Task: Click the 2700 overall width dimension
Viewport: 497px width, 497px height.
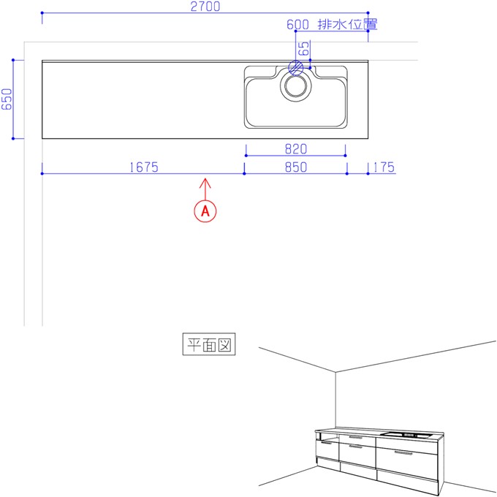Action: coord(205,7)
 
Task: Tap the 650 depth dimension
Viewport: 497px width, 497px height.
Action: coord(7,99)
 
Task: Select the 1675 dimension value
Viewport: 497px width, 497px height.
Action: coord(144,167)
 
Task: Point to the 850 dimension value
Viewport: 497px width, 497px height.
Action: coord(296,167)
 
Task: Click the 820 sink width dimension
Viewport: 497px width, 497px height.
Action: coord(296,149)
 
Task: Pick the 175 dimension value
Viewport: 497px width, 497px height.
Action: coord(384,167)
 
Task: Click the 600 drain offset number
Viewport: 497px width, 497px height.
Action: coord(297,24)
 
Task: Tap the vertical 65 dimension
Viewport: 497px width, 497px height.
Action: coord(303,48)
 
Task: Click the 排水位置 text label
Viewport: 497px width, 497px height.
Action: coord(347,24)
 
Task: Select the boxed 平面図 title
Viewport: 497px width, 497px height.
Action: coord(209,344)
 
